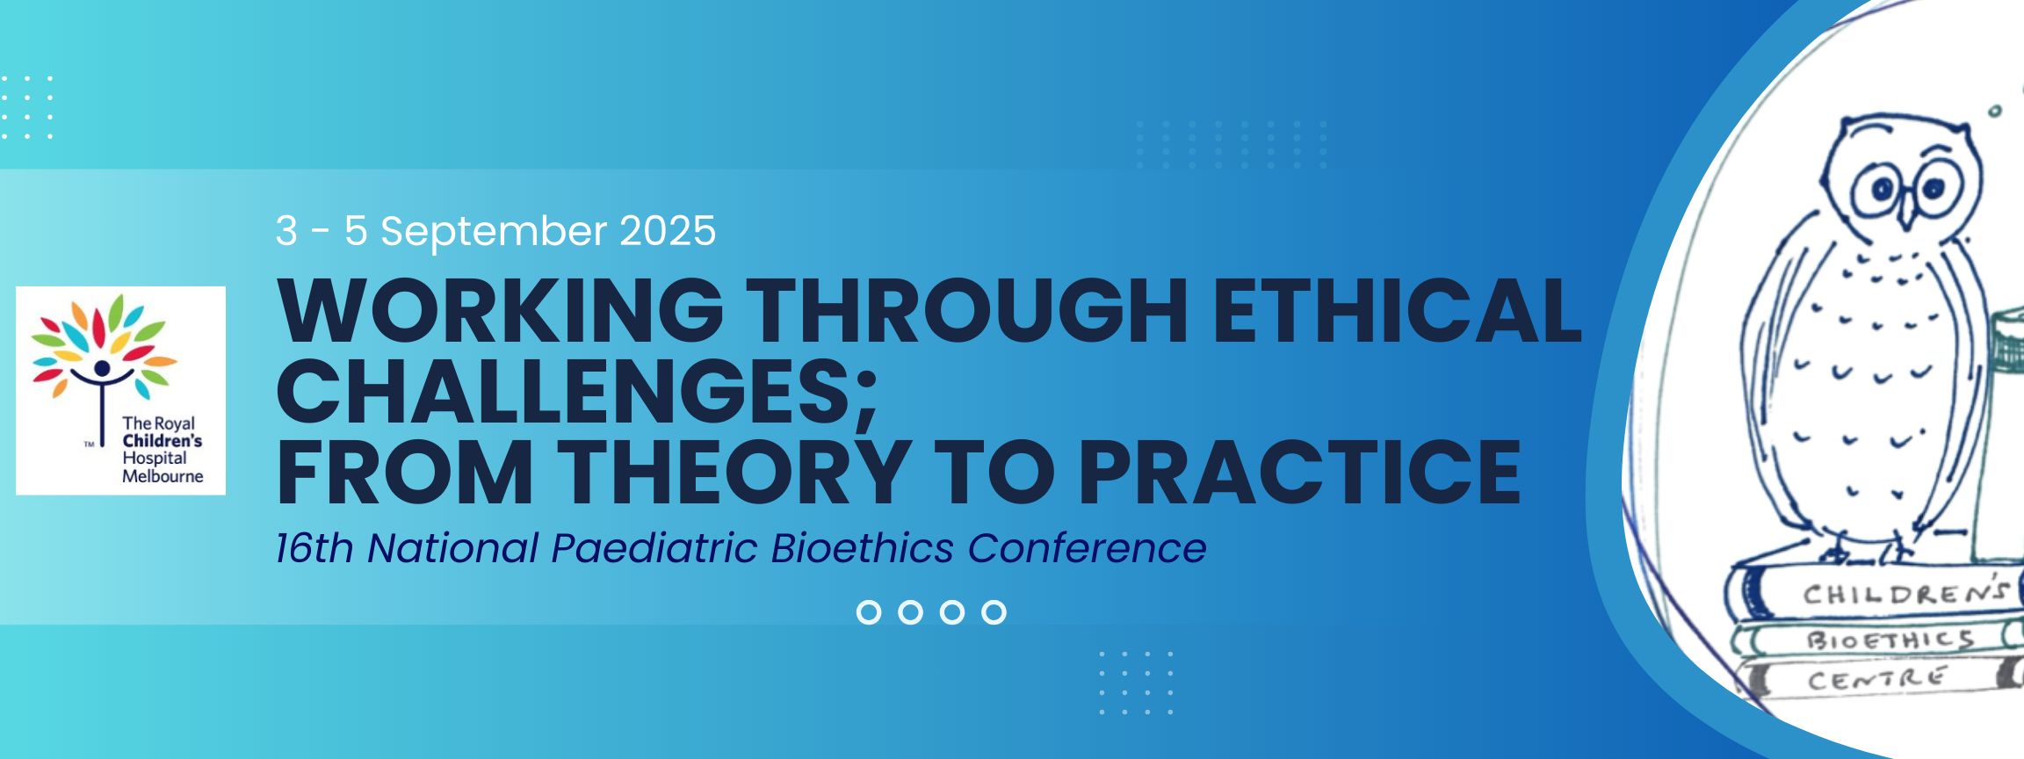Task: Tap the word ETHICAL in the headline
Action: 1398,311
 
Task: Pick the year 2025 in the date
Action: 668,231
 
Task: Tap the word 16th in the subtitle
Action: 314,548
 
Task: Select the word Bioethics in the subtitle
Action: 862,548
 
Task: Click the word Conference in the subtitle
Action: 1087,548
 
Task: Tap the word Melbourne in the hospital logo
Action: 163,476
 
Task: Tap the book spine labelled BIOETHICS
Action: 1880,640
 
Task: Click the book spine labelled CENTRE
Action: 1880,678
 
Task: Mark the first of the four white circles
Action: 869,612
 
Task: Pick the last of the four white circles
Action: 994,612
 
